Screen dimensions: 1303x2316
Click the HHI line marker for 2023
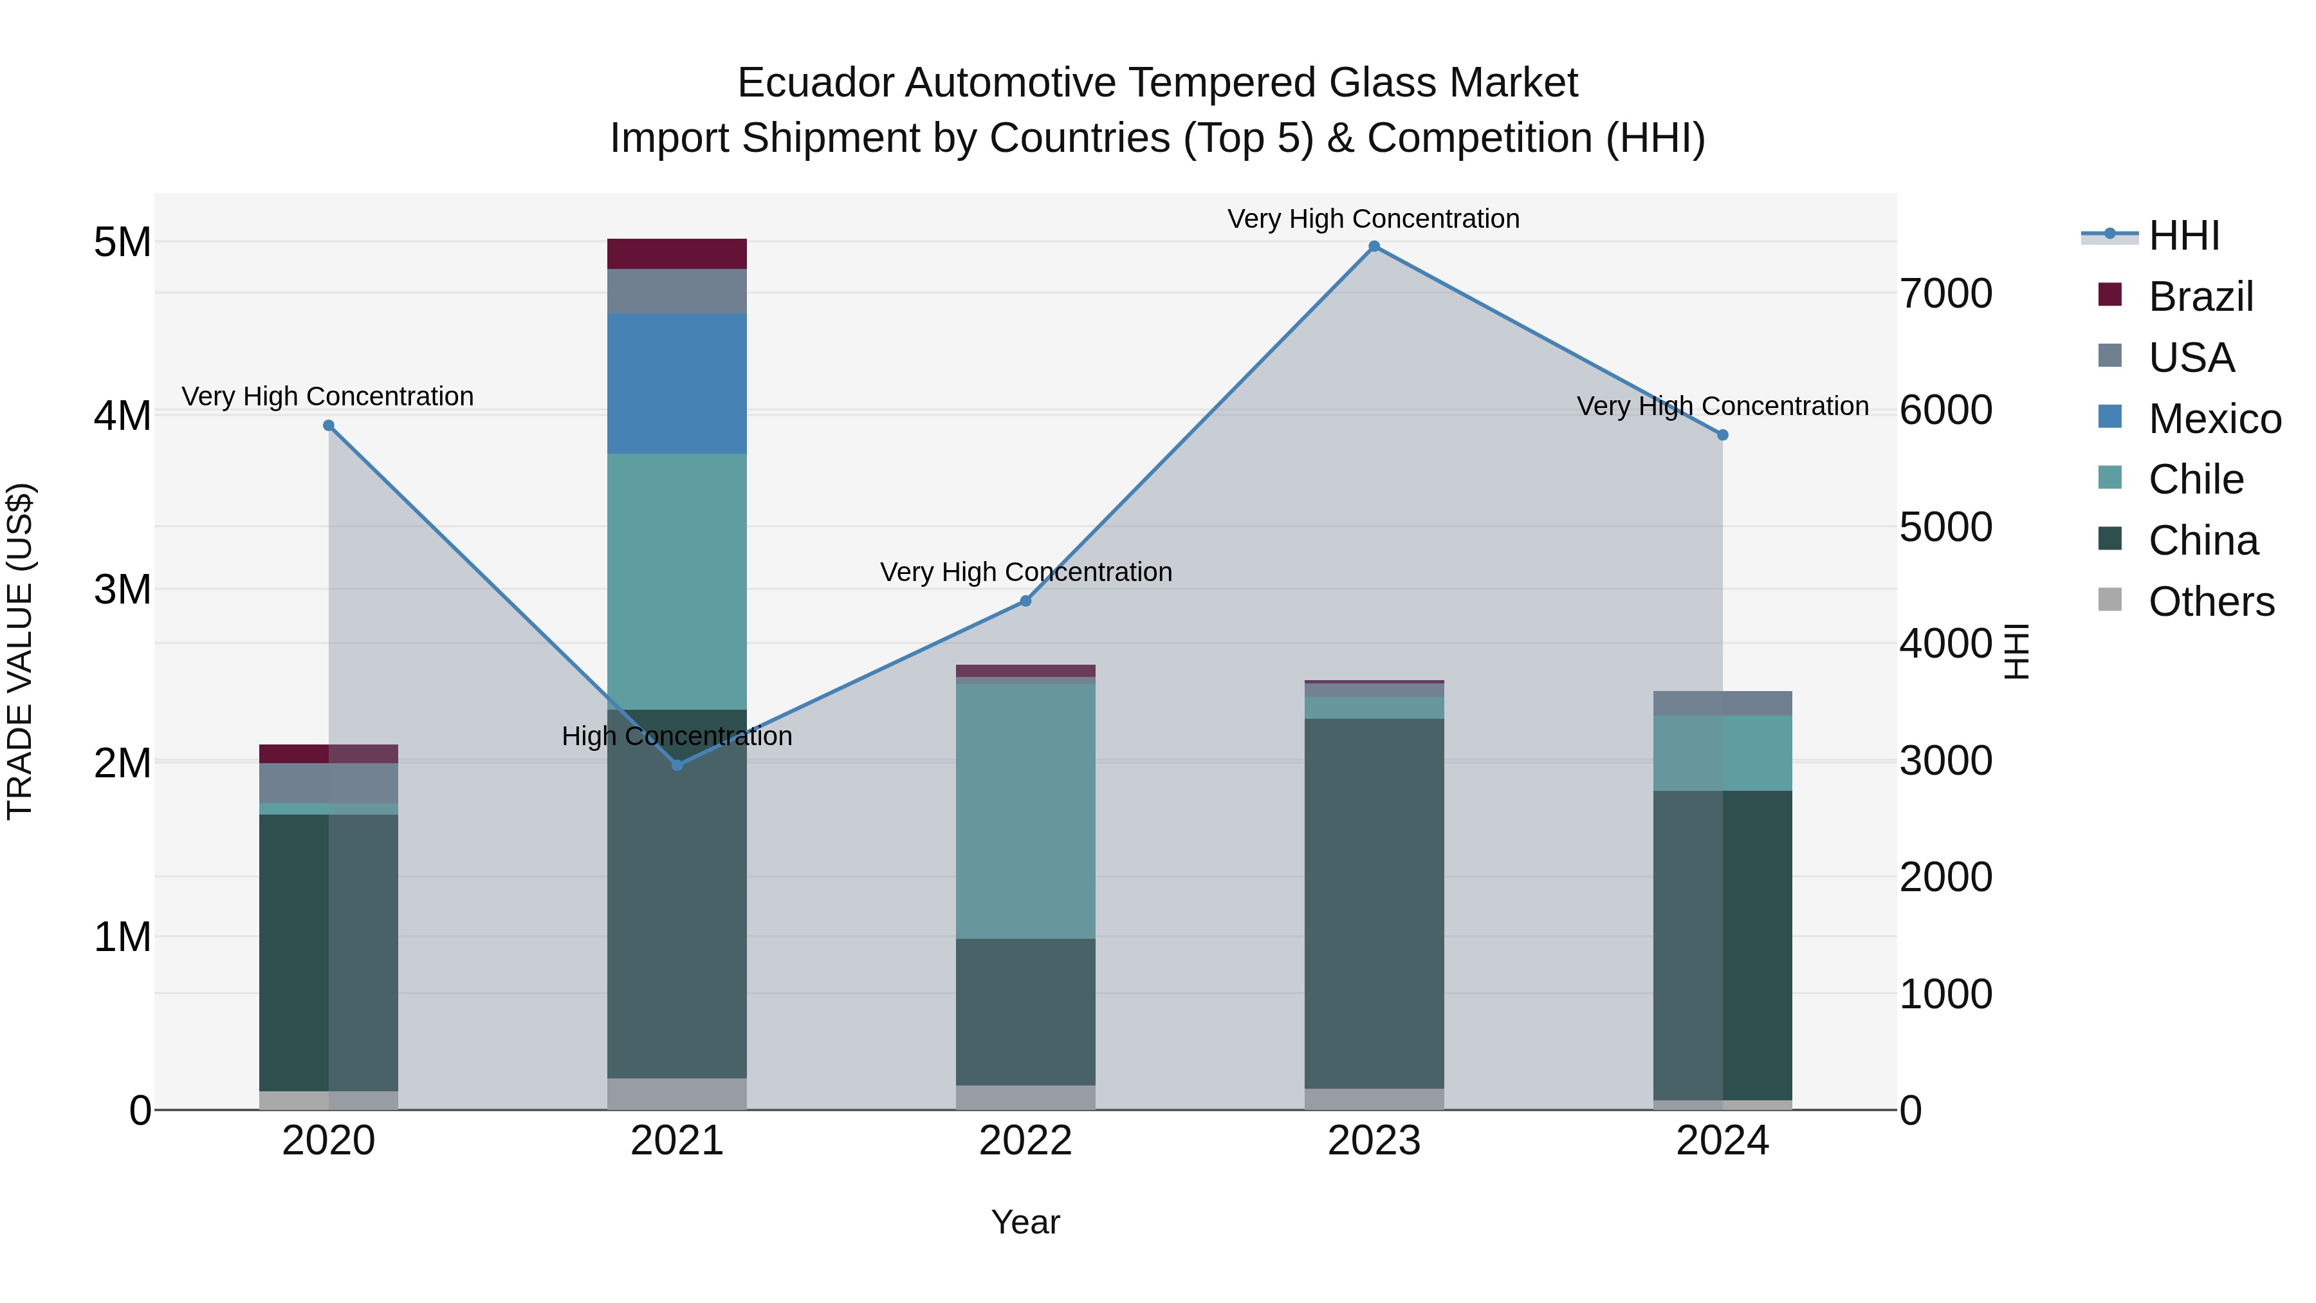1374,246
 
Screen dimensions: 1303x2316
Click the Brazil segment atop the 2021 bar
677,254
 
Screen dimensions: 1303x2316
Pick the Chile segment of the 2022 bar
1026,811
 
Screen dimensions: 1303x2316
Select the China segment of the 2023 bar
1374,904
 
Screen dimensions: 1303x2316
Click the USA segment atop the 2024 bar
1723,703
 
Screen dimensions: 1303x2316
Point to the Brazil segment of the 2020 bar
328,753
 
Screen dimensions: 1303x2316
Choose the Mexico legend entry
2214,419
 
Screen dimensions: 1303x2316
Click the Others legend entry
2210,602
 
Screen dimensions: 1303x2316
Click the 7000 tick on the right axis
1947,294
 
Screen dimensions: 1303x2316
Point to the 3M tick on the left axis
122,590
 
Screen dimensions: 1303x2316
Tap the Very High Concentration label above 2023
1374,219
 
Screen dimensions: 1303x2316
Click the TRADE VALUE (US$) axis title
20,651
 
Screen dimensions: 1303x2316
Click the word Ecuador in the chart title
816,84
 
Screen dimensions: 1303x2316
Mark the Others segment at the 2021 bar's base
677,1093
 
